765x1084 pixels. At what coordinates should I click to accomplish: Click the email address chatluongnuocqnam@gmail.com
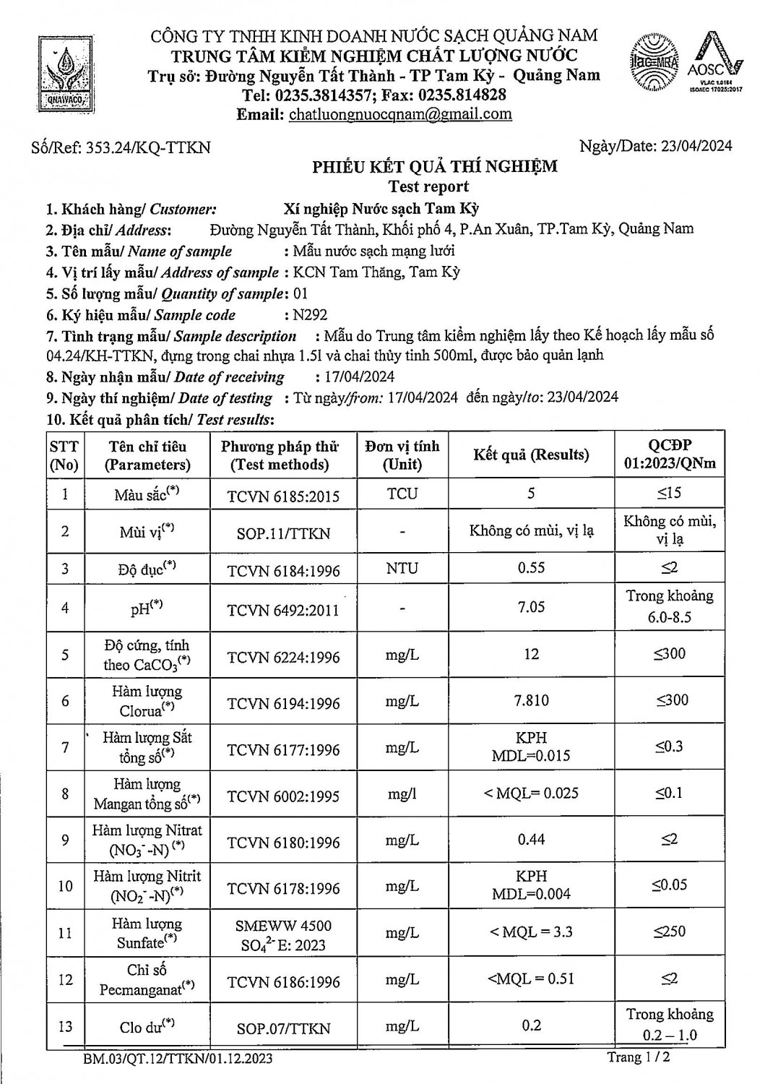399,114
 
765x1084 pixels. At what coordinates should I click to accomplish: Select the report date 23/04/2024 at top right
696,146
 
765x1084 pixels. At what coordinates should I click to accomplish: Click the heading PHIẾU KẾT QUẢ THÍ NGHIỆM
434,167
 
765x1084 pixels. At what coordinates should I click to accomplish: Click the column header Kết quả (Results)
531,455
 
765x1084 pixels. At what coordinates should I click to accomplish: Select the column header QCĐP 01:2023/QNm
670,455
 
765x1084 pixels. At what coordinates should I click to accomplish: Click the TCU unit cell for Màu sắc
402,494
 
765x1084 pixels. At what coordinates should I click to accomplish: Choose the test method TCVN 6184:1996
283,570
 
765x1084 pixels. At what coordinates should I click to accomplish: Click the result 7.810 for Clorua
531,700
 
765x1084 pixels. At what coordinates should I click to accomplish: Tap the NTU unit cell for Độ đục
402,569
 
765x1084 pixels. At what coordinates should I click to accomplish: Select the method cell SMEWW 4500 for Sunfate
283,934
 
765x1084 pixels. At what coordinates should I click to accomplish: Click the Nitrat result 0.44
531,840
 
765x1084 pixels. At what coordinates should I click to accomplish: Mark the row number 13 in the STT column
65,1026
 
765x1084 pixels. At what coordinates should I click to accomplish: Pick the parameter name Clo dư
147,1026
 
